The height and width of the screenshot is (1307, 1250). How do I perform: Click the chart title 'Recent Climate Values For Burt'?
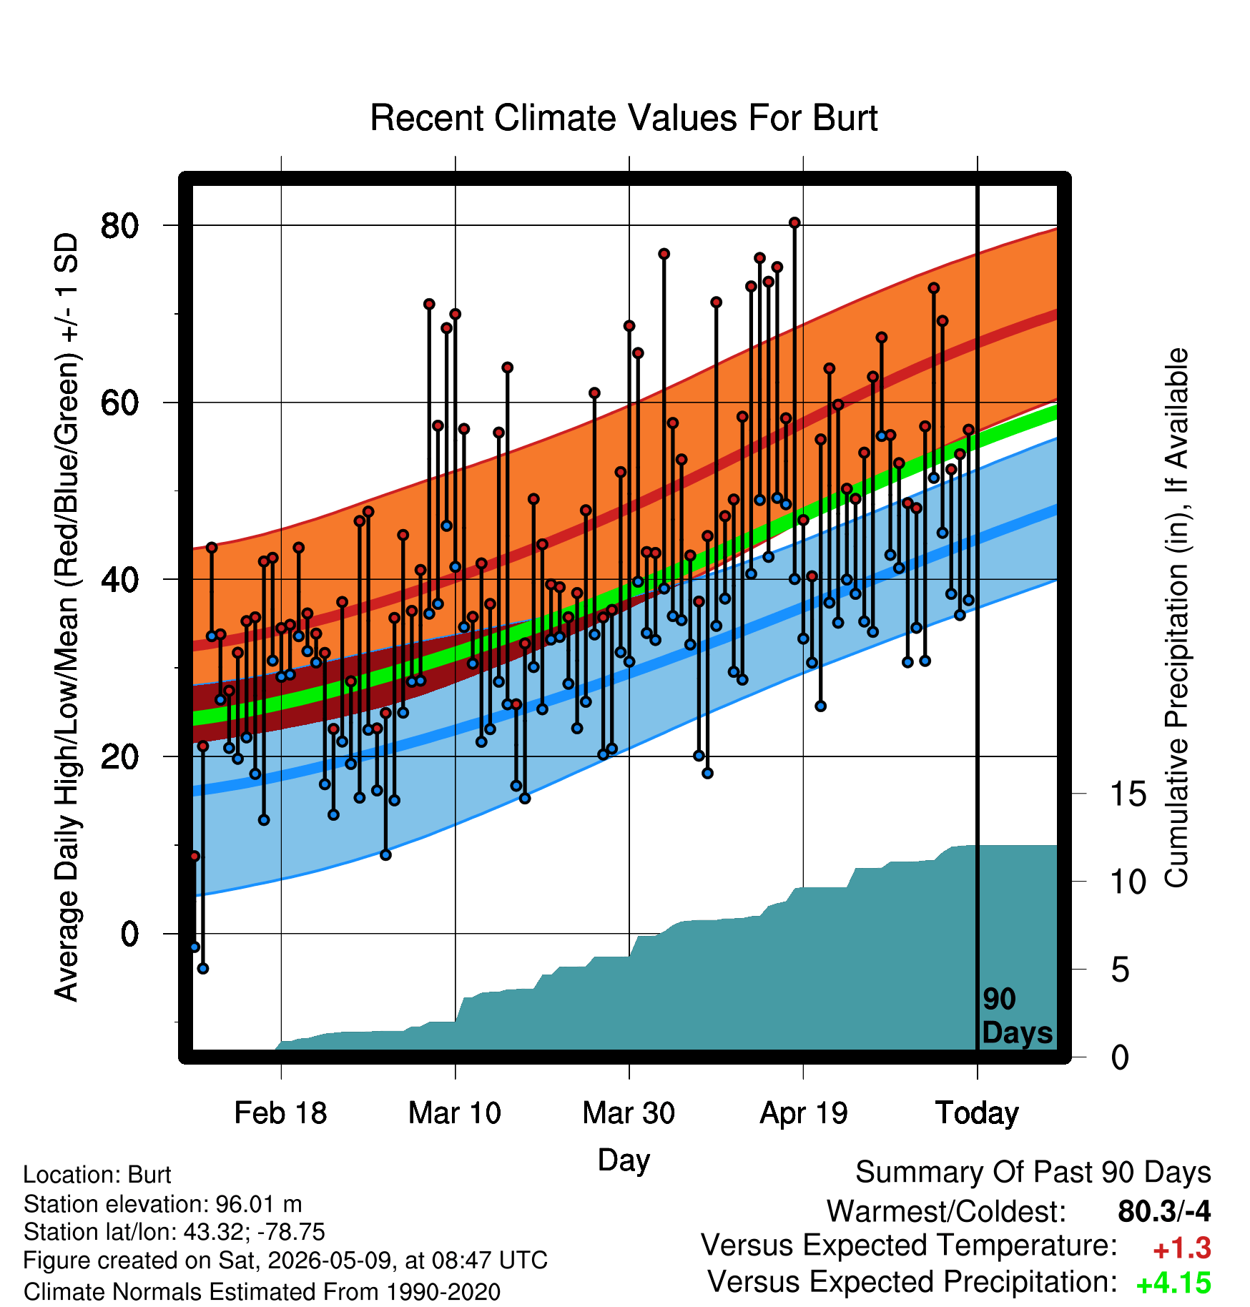tap(624, 118)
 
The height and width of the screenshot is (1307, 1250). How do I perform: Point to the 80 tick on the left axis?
tap(119, 226)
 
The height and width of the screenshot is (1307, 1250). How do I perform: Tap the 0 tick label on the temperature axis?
tap(129, 934)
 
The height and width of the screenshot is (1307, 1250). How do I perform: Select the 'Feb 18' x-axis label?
tap(280, 1113)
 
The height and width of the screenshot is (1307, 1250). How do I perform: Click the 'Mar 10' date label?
tap(455, 1113)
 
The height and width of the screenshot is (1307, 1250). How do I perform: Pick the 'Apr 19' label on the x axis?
tap(803, 1113)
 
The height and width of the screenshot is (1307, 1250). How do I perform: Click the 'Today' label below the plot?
tap(977, 1113)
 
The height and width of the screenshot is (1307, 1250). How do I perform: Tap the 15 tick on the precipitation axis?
tap(1128, 794)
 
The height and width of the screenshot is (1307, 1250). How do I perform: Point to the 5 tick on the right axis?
tap(1120, 970)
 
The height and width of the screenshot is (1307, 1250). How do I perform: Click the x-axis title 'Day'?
tap(624, 1161)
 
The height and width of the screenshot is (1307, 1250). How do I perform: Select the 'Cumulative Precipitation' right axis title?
tap(1177, 618)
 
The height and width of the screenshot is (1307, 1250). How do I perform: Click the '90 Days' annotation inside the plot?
tap(1017, 1016)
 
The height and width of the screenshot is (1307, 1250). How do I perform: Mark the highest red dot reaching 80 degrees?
tap(794, 223)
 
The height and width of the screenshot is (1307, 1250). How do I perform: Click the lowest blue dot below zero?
tap(203, 968)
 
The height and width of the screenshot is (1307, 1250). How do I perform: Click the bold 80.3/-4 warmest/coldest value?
tap(1164, 1212)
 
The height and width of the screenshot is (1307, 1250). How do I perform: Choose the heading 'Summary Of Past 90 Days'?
tap(1033, 1173)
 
